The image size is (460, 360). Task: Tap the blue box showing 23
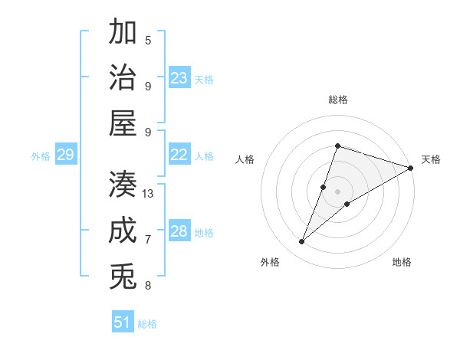[179, 78]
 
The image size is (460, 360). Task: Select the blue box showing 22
[179, 155]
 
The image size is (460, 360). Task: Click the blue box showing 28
[179, 231]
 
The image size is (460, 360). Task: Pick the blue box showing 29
[65, 155]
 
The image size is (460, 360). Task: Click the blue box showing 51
[123, 322]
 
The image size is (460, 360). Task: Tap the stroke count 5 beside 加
[148, 40]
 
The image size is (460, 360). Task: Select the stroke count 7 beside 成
[148, 240]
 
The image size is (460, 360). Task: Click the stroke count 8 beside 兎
[148, 286]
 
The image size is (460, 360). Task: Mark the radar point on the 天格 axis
[410, 169]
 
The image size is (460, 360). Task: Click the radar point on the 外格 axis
[302, 242]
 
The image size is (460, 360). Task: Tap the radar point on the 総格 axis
[337, 146]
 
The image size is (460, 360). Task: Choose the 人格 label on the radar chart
[245, 159]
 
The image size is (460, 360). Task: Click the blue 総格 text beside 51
[147, 324]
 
